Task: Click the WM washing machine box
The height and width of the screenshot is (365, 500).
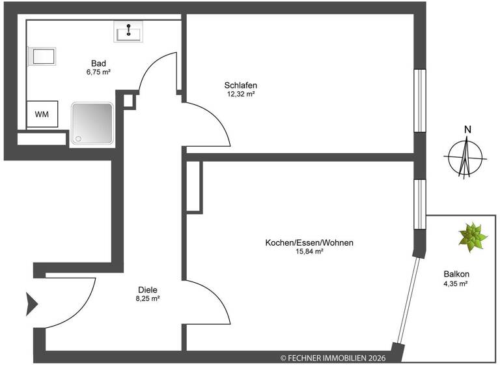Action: tap(42, 115)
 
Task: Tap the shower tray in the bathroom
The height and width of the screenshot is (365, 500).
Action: tap(92, 121)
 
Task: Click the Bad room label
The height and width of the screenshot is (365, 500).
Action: tap(98, 63)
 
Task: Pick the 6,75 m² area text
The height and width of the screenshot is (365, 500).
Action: tap(98, 72)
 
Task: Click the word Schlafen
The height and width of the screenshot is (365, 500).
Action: tap(241, 85)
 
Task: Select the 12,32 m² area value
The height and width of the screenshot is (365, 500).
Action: tap(241, 94)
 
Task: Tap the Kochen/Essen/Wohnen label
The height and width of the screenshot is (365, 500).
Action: tap(309, 242)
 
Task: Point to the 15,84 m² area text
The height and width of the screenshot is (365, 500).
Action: tap(309, 252)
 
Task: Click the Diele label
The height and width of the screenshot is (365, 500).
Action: tap(148, 289)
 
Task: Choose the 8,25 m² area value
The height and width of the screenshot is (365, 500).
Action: tap(148, 299)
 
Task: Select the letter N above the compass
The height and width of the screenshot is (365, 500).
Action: tap(467, 128)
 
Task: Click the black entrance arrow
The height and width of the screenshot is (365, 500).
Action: tap(32, 302)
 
